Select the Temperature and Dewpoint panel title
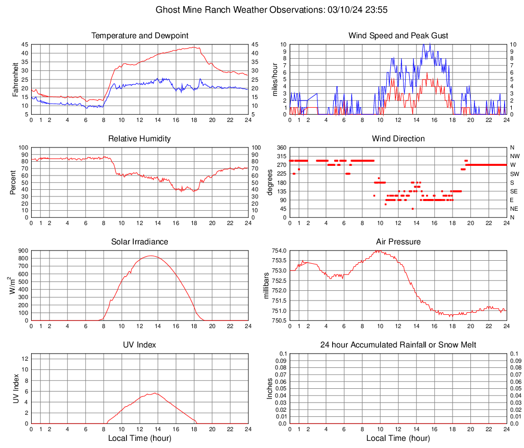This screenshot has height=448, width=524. pyautogui.click(x=140, y=36)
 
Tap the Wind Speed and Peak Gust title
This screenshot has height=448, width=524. pyautogui.click(x=398, y=36)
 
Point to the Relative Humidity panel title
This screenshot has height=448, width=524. pyautogui.click(x=140, y=139)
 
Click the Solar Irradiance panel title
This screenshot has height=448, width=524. pyautogui.click(x=140, y=242)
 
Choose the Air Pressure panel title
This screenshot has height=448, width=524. pyautogui.click(x=398, y=242)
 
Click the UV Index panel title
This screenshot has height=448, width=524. pyautogui.click(x=140, y=345)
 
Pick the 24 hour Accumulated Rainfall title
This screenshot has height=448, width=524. pyautogui.click(x=398, y=345)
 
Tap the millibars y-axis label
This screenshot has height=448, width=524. pyautogui.click(x=265, y=286)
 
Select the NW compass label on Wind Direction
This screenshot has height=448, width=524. pyautogui.click(x=514, y=156)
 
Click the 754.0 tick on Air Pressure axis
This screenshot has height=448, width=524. pyautogui.click(x=278, y=251)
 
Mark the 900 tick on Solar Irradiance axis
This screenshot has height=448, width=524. pyautogui.click(x=22, y=251)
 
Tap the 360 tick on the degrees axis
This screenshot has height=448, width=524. pyautogui.click(x=281, y=147)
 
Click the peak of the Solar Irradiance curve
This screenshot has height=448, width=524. pyautogui.click(x=151, y=256)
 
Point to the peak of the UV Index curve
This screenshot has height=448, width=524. pyautogui.click(x=154, y=393)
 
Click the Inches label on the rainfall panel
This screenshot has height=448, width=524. pyautogui.click(x=270, y=389)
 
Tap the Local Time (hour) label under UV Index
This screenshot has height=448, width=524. pyautogui.click(x=140, y=438)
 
